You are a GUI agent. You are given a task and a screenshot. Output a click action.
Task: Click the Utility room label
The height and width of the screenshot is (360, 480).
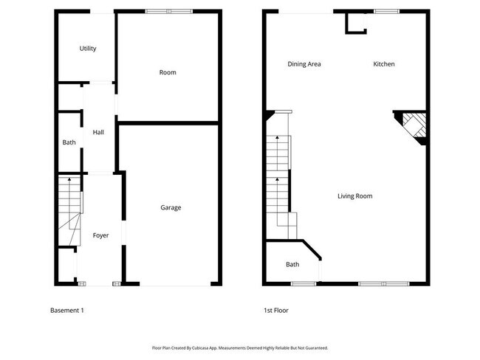(x=88, y=49)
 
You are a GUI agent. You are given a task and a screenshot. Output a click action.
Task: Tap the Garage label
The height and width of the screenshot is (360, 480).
(x=171, y=207)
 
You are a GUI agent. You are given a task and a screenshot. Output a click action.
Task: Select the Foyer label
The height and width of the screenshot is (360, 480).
(x=100, y=235)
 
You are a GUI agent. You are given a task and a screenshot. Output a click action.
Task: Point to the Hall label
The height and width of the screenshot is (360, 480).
(x=98, y=132)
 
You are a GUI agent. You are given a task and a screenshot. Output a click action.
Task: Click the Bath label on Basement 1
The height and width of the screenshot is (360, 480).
(x=69, y=142)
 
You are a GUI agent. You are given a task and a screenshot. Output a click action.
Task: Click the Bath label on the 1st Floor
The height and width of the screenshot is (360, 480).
(x=292, y=264)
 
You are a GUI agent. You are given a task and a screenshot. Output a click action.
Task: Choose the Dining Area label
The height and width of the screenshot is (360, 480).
(x=304, y=64)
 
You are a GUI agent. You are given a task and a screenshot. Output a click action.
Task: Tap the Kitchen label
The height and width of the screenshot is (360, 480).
(x=383, y=64)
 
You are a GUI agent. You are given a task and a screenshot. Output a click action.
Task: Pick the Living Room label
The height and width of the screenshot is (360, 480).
(x=354, y=196)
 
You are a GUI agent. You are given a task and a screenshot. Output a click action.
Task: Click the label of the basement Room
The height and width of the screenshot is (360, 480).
(x=168, y=72)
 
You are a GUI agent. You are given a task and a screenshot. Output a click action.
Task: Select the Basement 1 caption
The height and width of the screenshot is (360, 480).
(x=66, y=311)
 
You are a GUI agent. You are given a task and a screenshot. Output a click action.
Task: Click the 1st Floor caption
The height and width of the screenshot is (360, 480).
(x=276, y=311)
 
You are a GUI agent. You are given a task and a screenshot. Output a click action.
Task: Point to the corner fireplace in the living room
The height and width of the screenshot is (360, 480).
(x=413, y=126)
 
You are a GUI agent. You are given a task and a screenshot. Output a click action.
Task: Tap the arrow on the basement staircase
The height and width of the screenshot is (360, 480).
(x=69, y=179)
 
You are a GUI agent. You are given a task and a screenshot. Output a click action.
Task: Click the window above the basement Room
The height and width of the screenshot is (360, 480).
(x=168, y=11)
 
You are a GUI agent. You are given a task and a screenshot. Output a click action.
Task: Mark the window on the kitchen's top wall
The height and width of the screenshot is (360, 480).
(x=385, y=11)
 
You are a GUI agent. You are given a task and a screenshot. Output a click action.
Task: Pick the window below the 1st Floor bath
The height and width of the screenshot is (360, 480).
(x=303, y=284)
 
